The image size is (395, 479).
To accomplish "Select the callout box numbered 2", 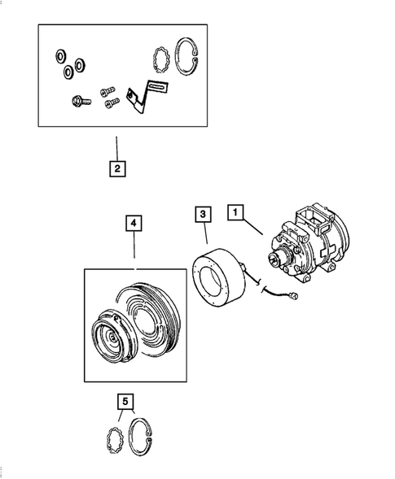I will [117, 169].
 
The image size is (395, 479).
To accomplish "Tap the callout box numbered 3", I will [201, 215].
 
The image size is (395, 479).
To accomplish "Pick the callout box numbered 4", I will [134, 223].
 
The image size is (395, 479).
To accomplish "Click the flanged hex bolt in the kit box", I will [77, 102].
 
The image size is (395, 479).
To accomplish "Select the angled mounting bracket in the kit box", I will [144, 100].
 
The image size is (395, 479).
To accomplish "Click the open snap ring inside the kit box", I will [188, 59].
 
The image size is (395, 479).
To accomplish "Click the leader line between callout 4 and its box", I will [134, 248].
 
